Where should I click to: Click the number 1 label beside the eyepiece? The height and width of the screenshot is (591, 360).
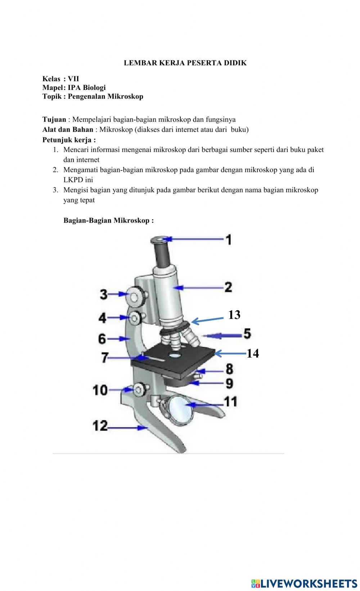tap(229, 240)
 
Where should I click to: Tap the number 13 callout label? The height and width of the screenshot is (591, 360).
tap(234, 315)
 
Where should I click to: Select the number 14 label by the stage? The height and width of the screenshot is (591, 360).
tap(253, 353)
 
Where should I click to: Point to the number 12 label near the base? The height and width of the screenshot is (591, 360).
tap(100, 426)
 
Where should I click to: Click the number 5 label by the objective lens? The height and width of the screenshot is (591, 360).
tap(247, 333)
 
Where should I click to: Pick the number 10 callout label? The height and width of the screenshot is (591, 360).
tap(100, 390)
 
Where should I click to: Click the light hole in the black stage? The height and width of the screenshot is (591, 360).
tap(175, 355)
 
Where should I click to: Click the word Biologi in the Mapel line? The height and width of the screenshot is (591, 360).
tap(94, 87)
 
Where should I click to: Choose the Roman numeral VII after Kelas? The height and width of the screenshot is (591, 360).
tap(73, 79)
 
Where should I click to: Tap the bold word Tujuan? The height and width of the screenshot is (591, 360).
tap(54, 119)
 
